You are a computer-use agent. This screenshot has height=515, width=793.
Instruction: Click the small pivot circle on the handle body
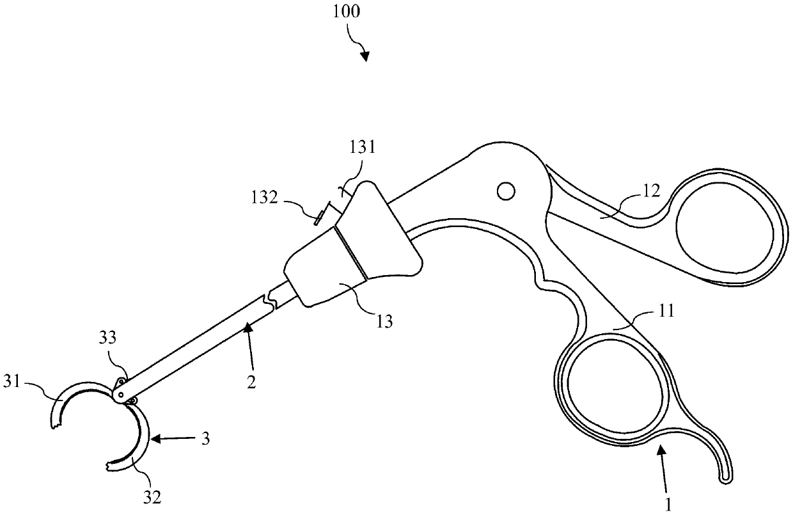point(506,190)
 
